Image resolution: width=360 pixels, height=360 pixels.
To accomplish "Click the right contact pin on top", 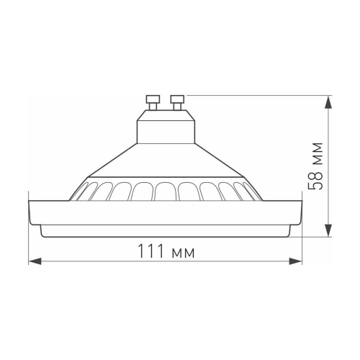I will pyautogui.click(x=177, y=102).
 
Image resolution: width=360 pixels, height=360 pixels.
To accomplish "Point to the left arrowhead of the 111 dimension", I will pyautogui.click(x=32, y=261).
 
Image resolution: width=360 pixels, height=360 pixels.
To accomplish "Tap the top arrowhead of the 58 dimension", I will pyautogui.click(x=328, y=99).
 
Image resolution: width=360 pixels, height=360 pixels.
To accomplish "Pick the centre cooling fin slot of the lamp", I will pyautogui.click(x=166, y=192).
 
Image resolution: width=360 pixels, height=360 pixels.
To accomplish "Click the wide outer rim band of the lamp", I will pyautogui.click(x=166, y=211).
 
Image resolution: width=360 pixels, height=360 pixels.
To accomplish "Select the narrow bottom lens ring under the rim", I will pyautogui.click(x=166, y=230).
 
